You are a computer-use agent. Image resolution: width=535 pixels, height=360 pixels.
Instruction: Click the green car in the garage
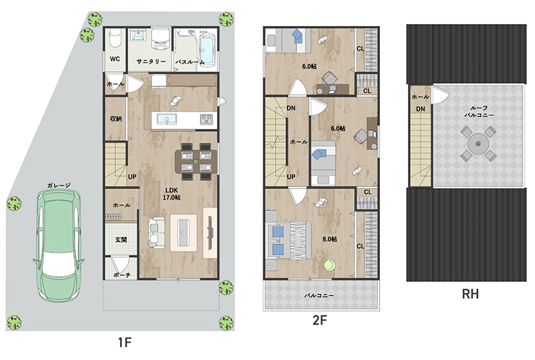click(59, 245)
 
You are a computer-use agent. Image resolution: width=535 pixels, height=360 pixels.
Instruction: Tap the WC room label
click(115, 59)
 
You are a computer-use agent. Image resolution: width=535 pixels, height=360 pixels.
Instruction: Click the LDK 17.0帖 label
click(171, 194)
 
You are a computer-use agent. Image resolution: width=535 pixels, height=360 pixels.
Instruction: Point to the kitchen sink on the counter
click(167, 119)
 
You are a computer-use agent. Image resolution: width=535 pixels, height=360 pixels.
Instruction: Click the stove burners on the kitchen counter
click(206, 119)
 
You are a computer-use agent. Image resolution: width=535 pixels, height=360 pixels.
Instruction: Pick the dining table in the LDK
click(196, 161)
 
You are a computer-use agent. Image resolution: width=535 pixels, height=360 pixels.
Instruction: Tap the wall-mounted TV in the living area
click(210, 232)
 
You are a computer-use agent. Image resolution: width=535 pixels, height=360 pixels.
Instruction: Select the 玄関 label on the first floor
click(121, 239)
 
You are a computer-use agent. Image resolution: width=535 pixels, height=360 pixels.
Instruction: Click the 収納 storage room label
click(116, 119)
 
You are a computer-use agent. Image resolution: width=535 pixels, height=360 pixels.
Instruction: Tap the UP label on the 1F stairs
click(132, 177)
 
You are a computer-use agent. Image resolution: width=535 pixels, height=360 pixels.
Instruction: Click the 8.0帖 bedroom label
click(330, 239)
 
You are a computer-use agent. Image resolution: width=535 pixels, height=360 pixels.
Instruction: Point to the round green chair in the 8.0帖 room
click(330, 265)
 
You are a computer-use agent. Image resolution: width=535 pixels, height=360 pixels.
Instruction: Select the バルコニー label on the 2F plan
click(319, 296)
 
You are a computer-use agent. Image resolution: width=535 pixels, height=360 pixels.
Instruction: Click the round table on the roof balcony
click(478, 144)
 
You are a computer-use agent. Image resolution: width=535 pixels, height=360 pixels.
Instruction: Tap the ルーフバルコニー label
click(479, 111)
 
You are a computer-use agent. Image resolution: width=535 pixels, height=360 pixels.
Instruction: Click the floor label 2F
click(320, 320)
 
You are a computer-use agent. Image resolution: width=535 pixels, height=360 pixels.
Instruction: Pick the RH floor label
click(470, 293)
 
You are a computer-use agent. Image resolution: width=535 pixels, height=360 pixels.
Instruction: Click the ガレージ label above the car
click(59, 185)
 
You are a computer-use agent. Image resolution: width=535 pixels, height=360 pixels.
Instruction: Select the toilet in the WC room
click(115, 38)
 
